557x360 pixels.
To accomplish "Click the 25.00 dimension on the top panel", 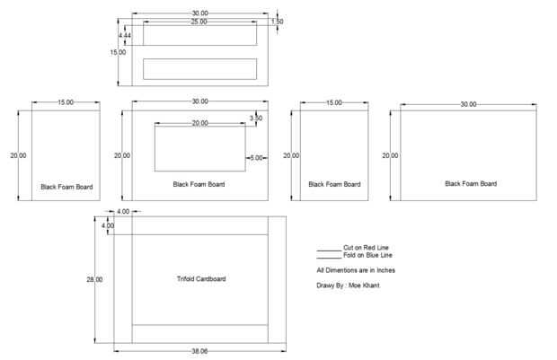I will pos(199,21).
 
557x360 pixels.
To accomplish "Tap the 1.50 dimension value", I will pos(277,21).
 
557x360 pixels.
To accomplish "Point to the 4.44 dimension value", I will pos(125,35).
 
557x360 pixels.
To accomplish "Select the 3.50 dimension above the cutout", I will pos(256,118).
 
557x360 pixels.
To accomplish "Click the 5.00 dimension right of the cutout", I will pos(256,158).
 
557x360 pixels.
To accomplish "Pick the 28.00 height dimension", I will pos(94,280).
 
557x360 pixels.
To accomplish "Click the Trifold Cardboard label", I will pos(201,279).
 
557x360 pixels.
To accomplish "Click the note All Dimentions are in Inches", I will pos(356,269).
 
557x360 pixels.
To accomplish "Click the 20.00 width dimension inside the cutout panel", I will pos(199,123).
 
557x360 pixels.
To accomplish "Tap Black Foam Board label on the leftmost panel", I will pos(66,187).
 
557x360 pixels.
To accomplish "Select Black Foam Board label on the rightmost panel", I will pos(471,183).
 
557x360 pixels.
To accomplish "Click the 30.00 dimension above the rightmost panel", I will pos(468,105).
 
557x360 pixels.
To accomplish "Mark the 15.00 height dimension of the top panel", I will pos(117,52).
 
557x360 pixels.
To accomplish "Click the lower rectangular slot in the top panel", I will pos(200,68).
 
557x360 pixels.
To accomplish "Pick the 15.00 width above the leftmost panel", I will pos(66,102).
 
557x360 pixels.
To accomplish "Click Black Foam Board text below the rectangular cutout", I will pos(199,184).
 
